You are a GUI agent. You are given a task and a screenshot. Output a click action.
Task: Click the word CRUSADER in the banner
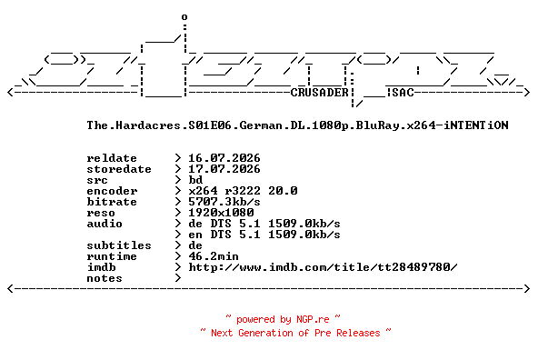[x=320, y=93]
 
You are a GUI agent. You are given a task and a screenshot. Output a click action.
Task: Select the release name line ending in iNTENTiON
[x=297, y=125]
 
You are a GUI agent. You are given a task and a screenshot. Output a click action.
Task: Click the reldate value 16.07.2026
[x=224, y=158]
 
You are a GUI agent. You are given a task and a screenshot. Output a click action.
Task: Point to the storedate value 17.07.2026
[x=224, y=169]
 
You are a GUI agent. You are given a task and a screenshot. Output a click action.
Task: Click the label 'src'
[x=97, y=180]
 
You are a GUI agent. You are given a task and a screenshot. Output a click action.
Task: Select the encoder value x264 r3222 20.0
[x=243, y=191]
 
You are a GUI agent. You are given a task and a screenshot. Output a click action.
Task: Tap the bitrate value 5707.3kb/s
[x=224, y=202]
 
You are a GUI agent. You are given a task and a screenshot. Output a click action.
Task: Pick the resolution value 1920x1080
[x=221, y=213]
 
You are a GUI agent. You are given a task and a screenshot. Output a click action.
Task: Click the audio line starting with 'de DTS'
[x=264, y=224]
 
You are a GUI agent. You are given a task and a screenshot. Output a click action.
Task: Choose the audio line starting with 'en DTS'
[x=264, y=235]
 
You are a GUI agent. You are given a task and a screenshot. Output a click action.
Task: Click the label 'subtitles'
[x=119, y=245]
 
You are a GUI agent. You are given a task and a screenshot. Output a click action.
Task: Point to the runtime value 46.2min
[x=214, y=256]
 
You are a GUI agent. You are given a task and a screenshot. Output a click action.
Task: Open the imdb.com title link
[x=323, y=267]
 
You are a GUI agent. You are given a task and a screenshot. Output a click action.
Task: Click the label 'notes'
[x=105, y=278]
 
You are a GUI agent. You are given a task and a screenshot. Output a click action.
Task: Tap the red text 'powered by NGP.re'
[x=283, y=319]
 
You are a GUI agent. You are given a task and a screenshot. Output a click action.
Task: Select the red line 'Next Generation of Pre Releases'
[x=295, y=333]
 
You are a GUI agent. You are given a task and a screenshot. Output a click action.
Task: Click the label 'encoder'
[x=112, y=191]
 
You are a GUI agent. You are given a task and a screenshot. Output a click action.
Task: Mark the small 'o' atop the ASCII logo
[x=184, y=16]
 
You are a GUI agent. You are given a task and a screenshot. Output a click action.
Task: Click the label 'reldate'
[x=112, y=158]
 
